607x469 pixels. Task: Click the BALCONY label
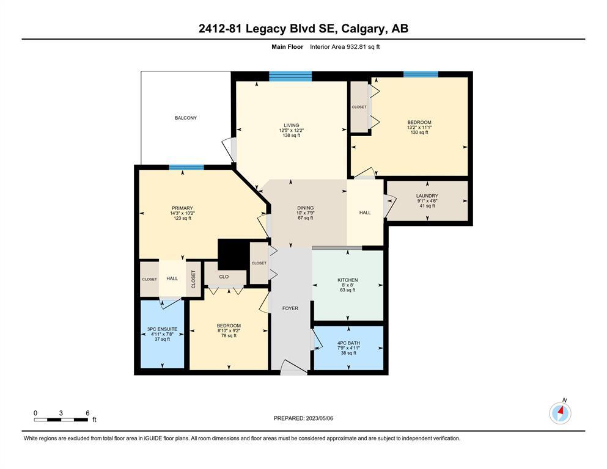[x=186, y=118]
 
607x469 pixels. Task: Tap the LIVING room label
[x=292, y=125]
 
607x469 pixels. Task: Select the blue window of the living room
[x=290, y=76]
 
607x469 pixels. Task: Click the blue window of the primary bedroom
[x=186, y=167]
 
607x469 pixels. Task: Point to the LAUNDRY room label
[x=427, y=196]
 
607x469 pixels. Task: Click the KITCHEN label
[x=348, y=280]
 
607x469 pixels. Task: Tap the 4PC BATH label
[x=349, y=343]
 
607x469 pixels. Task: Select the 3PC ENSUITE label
[x=162, y=329]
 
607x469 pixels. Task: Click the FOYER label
[x=290, y=308]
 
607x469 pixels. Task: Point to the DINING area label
[x=306, y=208]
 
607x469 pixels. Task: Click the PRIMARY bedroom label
[x=182, y=208]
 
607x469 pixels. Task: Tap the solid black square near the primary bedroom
[x=234, y=255]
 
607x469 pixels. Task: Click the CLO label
[x=224, y=277]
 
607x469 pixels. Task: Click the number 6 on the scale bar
[x=87, y=413]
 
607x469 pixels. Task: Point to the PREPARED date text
[x=303, y=418]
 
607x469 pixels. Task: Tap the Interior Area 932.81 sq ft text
[x=345, y=47]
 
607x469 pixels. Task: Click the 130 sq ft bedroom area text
[x=419, y=133]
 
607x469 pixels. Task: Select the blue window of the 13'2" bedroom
[x=421, y=75]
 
